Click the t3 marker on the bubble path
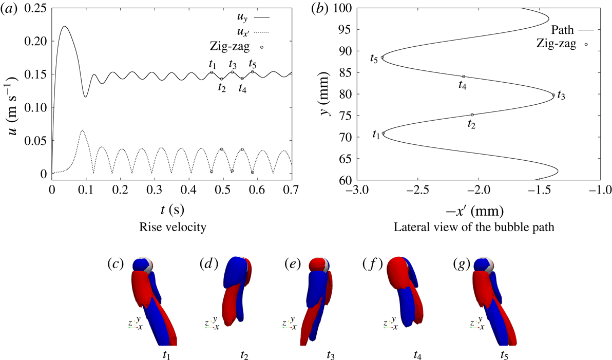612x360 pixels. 553,95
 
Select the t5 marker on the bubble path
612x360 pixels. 382,58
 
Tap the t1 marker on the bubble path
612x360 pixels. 383,134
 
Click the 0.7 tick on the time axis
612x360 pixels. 291,189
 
